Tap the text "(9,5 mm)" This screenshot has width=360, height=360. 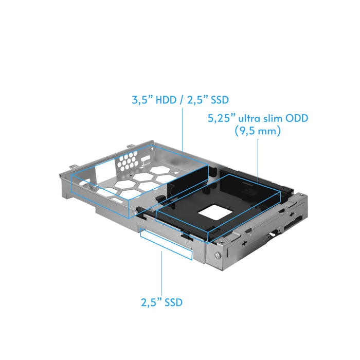point(257,132)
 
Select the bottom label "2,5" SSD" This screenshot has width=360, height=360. point(161,302)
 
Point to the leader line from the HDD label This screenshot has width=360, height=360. point(183,129)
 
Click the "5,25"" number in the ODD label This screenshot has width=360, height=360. point(220,119)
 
